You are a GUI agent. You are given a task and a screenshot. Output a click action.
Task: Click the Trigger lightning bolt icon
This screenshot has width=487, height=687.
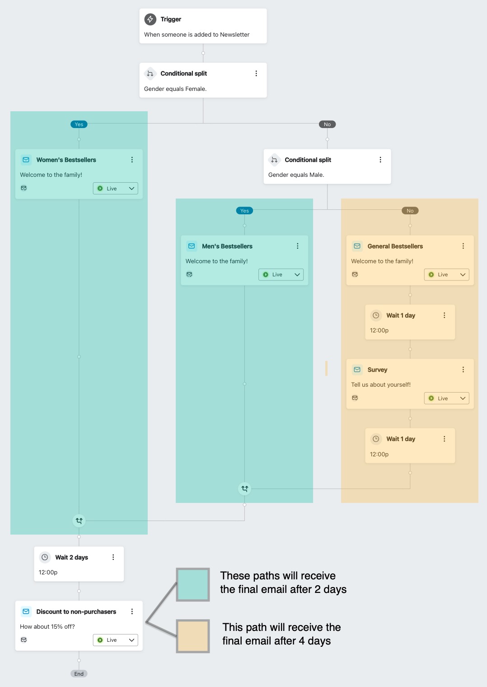click(150, 19)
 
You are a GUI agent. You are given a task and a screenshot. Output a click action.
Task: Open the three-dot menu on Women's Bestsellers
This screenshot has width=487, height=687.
click(132, 160)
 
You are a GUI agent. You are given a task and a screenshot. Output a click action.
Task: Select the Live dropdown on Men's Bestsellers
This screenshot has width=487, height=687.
click(281, 275)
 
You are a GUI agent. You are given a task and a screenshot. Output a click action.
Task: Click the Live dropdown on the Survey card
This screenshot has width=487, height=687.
click(446, 398)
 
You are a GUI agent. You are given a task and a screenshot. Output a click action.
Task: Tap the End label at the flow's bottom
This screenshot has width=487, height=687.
click(79, 674)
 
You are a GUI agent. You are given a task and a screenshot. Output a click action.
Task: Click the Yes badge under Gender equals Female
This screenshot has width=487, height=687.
click(79, 124)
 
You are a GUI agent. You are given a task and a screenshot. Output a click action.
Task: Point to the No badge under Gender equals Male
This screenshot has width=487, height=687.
click(410, 211)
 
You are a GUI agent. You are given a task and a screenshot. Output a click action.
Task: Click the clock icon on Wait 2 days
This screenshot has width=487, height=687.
click(45, 557)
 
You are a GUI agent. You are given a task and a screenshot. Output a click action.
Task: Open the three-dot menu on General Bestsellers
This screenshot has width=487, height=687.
click(463, 246)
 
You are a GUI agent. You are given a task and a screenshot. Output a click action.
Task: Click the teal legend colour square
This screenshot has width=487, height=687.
click(193, 585)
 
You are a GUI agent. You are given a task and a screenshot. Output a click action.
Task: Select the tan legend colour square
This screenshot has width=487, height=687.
click(193, 636)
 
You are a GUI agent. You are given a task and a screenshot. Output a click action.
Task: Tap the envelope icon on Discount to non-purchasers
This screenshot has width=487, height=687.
click(26, 611)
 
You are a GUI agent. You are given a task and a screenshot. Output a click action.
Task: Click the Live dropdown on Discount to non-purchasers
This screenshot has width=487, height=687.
click(116, 640)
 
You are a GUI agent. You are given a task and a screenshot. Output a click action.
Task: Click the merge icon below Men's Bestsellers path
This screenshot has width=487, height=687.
click(244, 488)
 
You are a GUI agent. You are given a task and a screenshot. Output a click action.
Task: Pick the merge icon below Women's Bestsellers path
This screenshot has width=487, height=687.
click(79, 521)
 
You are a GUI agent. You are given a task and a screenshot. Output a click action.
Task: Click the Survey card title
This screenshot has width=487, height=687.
click(377, 370)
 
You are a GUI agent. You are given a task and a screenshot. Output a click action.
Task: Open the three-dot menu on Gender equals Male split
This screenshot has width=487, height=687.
click(380, 160)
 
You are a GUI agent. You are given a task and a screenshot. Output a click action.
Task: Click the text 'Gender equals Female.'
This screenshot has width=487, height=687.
click(175, 89)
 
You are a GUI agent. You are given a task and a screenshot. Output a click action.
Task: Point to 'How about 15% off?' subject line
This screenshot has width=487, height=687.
click(47, 626)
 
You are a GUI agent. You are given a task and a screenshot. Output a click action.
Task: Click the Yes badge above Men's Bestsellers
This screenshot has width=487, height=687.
click(244, 211)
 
